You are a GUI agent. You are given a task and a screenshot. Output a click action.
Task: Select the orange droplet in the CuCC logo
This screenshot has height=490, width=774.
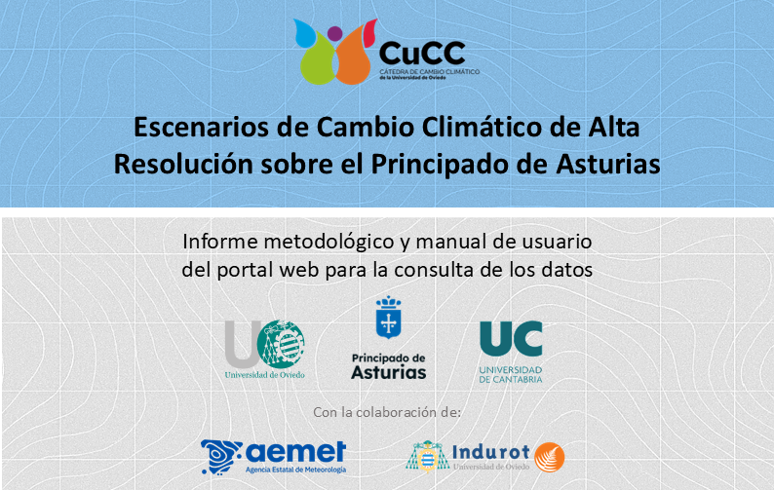coord(352,60)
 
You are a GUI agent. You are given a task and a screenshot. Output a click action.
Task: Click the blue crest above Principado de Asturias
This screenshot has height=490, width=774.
coord(389,318)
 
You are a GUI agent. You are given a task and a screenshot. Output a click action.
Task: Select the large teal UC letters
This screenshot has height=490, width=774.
coord(511,339)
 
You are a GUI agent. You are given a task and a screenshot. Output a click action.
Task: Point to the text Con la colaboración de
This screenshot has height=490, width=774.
coord(387,412)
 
